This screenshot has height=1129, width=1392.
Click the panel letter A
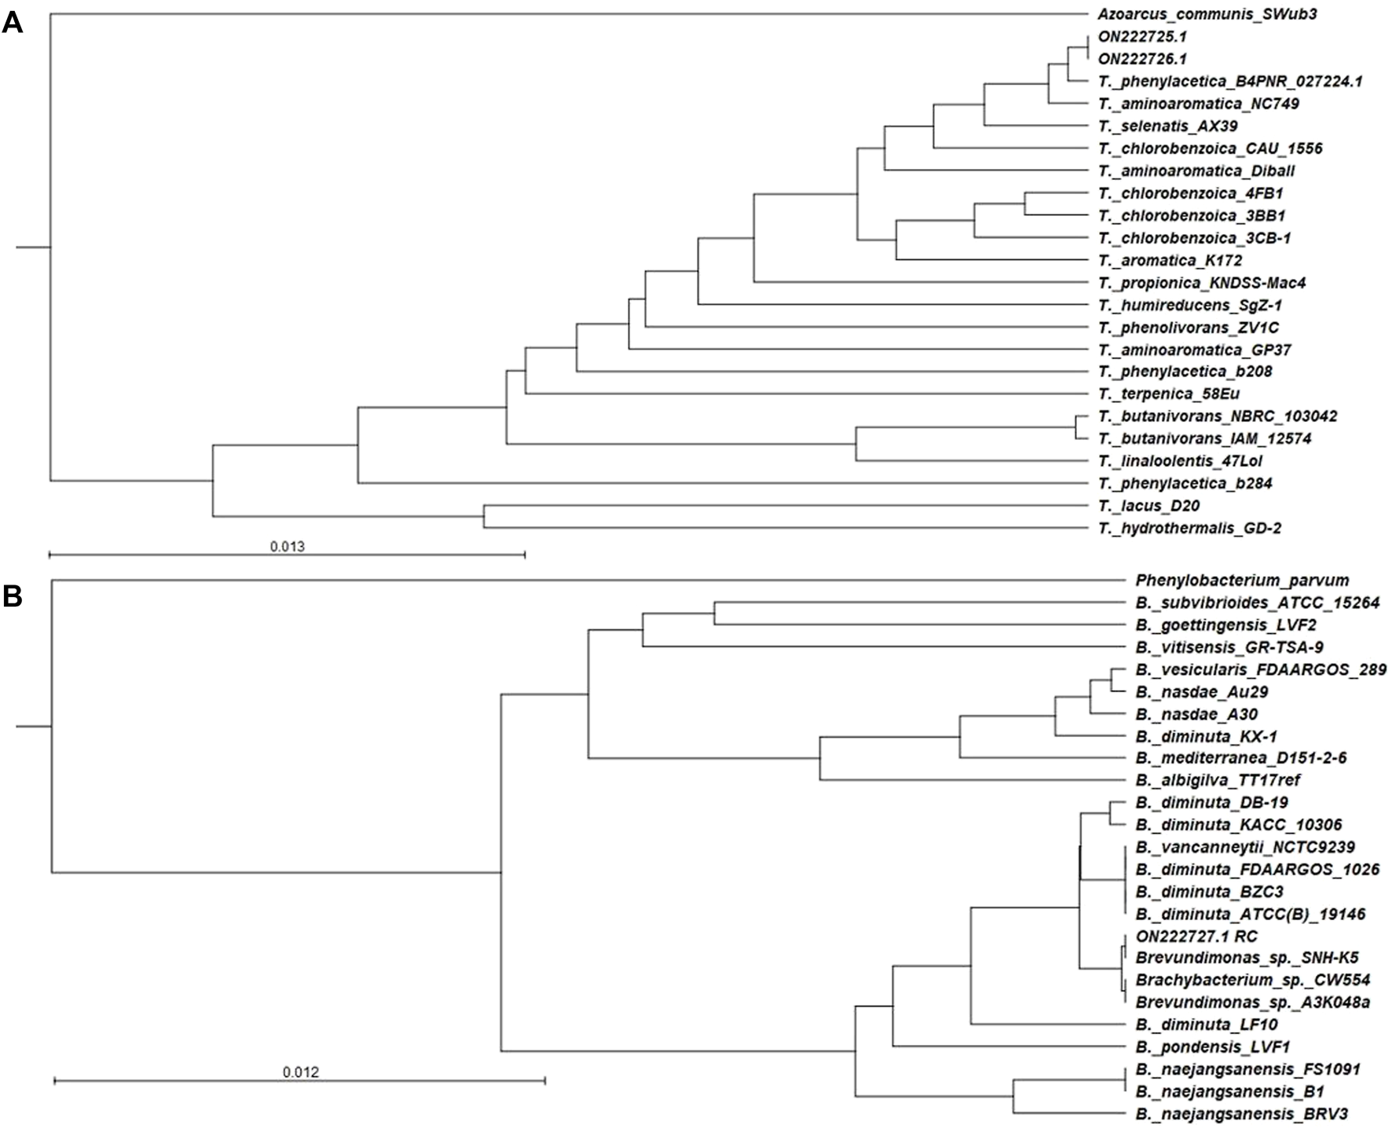click(13, 24)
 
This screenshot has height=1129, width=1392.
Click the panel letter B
click(13, 597)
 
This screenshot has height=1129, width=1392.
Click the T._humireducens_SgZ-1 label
click(1180, 305)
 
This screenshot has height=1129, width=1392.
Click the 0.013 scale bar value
click(288, 546)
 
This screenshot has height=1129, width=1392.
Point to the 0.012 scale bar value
click(301, 1072)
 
